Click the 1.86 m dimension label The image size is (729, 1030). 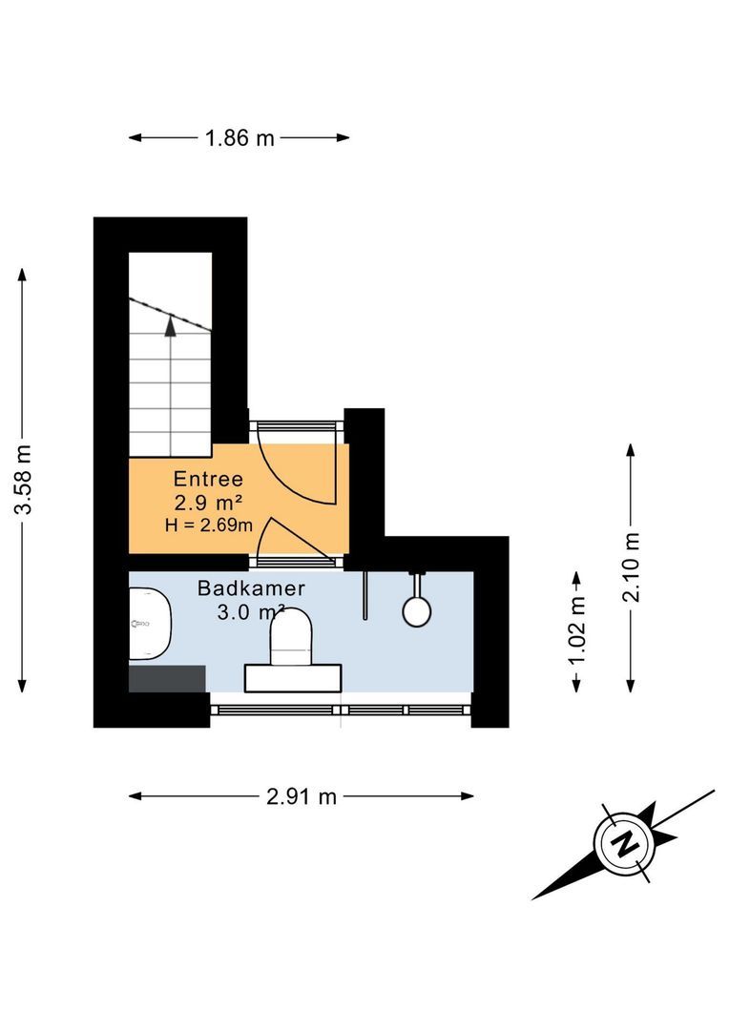click(239, 138)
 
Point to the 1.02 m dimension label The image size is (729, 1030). click(576, 631)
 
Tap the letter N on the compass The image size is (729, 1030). click(626, 843)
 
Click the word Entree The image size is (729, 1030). click(208, 479)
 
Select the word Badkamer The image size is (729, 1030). click(252, 588)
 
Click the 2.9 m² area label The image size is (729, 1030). click(207, 502)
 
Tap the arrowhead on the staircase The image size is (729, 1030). click(171, 327)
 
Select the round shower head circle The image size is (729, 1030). click(416, 610)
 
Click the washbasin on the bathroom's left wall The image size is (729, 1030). click(149, 624)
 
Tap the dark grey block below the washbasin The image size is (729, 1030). click(168, 678)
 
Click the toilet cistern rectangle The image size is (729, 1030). click(293, 677)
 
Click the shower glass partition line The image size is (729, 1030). click(364, 596)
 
